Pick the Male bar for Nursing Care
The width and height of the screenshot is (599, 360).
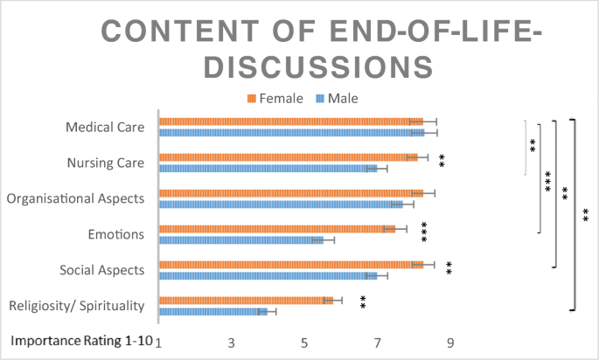tap(268, 168)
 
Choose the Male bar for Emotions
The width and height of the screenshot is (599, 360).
tap(240, 239)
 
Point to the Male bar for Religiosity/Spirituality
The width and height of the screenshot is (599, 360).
tap(212, 311)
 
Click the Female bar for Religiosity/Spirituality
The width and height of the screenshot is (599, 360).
tap(246, 301)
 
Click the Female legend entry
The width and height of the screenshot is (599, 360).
tap(276, 98)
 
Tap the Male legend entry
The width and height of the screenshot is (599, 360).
tap(337, 98)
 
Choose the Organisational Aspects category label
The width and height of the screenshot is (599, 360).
tap(75, 198)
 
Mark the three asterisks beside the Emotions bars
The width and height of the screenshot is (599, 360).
tap(425, 232)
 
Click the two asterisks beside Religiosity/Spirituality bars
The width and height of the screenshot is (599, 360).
tap(362, 303)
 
